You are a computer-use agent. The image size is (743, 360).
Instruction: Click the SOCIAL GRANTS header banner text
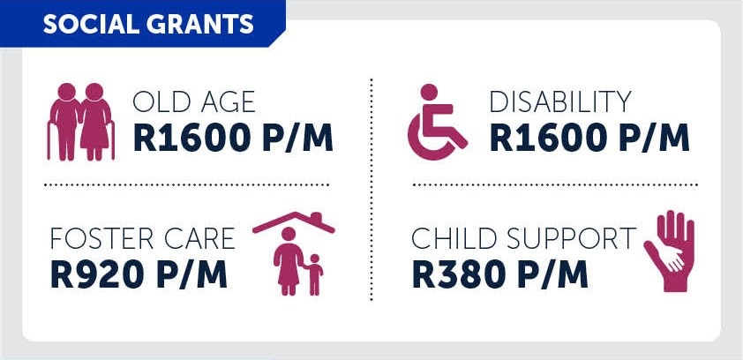coord(148,24)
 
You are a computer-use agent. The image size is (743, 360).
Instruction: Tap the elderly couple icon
coord(80,122)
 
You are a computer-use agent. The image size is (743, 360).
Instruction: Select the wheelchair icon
coord(438,122)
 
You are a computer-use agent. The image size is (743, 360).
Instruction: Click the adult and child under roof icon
coord(294,253)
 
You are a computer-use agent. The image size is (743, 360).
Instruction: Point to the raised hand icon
coord(670,251)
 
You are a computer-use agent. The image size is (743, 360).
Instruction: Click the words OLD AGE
coord(194,101)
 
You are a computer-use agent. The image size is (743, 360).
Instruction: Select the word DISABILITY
coord(560,101)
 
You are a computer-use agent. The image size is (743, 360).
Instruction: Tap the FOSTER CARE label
coord(143,238)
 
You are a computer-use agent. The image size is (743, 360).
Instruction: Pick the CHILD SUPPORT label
coord(523,238)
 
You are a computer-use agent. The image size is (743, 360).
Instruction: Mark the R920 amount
coord(97,274)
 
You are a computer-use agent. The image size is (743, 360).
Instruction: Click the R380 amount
coord(458,274)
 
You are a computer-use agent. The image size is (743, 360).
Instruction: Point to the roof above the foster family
coord(294,221)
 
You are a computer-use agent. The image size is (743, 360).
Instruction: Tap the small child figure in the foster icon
coord(313,274)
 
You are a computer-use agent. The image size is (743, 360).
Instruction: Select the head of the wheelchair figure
coord(429,92)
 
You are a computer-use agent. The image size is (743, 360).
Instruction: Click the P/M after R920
coord(191,274)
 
